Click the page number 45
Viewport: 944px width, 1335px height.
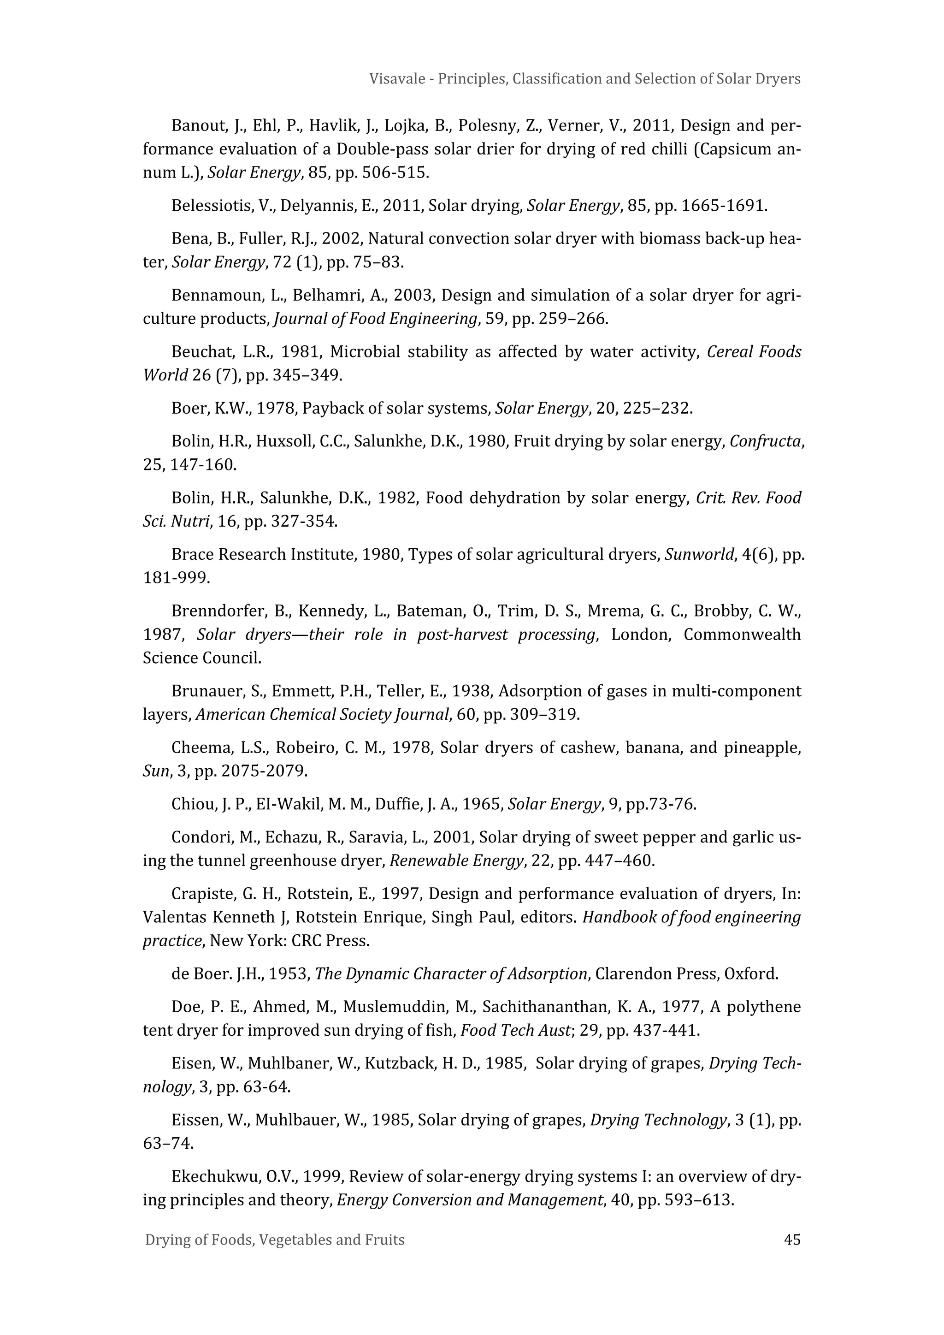click(792, 1240)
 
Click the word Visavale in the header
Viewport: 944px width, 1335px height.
click(394, 78)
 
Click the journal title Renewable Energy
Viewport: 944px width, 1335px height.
click(456, 860)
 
